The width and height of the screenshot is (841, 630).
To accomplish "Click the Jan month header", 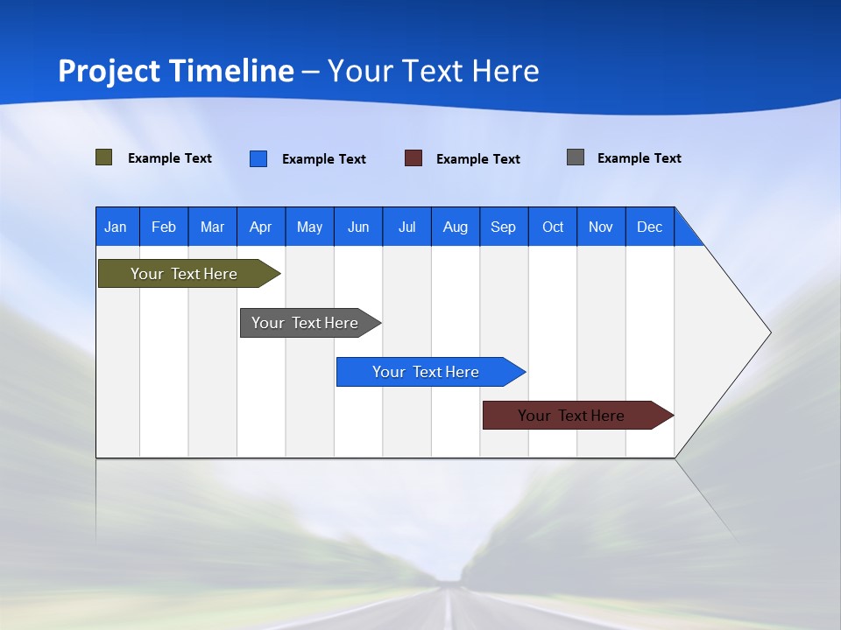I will [116, 227].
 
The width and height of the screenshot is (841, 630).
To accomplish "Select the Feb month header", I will [164, 227].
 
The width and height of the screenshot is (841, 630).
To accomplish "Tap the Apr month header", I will [260, 227].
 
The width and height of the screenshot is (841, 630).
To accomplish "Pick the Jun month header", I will [358, 227].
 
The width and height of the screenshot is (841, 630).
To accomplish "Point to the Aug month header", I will [455, 227].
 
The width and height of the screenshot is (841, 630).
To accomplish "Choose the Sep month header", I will [503, 227].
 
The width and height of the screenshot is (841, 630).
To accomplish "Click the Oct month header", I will [553, 227].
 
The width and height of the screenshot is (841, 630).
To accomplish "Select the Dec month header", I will [649, 227].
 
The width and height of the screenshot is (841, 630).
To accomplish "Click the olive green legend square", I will [103, 157].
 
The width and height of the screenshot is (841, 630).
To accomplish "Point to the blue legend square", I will [258, 158].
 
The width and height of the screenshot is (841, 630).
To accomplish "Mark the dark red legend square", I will [413, 158].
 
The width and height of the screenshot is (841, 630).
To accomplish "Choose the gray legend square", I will [576, 157].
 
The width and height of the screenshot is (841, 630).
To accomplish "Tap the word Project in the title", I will [110, 71].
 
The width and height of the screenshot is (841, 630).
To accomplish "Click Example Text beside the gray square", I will [639, 158].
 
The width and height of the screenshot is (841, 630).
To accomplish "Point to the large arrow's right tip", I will [768, 332].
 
